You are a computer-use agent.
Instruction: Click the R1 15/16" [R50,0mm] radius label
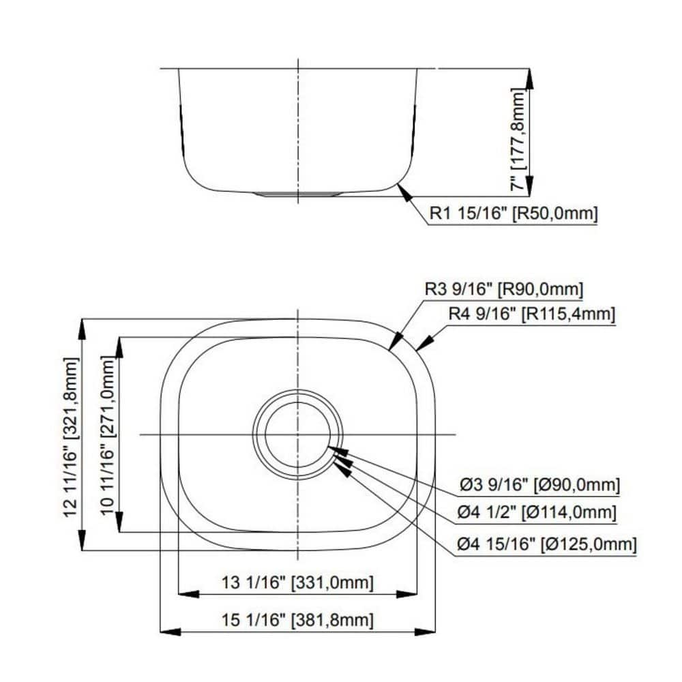[514, 215]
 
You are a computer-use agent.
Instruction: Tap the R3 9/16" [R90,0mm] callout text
[504, 289]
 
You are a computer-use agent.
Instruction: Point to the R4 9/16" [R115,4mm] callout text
[532, 314]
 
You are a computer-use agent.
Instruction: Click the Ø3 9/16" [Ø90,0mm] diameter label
[539, 485]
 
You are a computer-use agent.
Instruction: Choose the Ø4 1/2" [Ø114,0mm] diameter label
[537, 512]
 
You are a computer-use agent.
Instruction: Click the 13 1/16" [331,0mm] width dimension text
[298, 583]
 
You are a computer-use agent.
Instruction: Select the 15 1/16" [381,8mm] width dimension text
[298, 620]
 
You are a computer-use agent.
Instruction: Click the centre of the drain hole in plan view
[298, 434]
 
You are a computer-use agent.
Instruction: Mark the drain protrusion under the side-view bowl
[298, 194]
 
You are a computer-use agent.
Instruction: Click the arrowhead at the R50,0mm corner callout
[403, 190]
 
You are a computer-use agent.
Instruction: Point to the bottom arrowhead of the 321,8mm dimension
[83, 542]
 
